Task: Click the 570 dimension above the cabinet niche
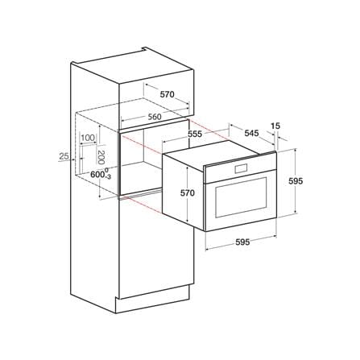coord(168,94)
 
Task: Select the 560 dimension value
coord(155,117)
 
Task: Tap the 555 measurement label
coord(195,134)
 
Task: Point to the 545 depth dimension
coord(251,133)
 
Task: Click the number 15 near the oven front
coord(275,126)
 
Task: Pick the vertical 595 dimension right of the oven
coord(296,181)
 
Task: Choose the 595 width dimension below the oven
coord(242,242)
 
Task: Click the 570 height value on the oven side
coord(188,192)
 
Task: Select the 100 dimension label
coord(88,138)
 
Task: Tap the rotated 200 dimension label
coord(101,157)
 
